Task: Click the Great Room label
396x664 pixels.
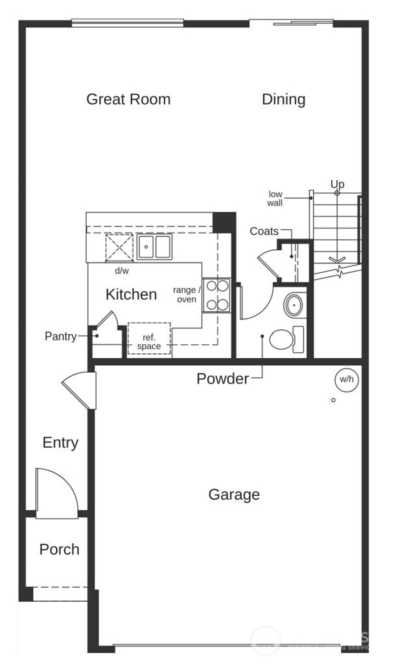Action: coord(128,99)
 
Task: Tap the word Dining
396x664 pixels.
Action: coord(283,99)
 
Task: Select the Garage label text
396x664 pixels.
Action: coord(234,495)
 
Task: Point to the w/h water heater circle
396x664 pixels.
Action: coord(346,380)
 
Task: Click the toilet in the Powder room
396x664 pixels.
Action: coord(281,339)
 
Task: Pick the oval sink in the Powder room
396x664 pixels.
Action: coord(294,305)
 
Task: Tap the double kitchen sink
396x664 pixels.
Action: coord(154,247)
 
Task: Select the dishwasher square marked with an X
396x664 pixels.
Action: coord(119,248)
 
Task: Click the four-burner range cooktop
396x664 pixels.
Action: coord(217,295)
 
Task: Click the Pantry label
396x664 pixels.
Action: coord(61,336)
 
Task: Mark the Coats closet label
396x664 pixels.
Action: coord(264,231)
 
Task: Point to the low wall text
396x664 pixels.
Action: coord(275,199)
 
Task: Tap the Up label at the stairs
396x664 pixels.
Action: coord(337,184)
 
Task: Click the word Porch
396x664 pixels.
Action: coord(59,549)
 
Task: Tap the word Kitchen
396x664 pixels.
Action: coord(131,294)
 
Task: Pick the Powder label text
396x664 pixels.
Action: coord(222,379)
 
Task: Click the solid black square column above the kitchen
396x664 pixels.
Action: coord(224,222)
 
